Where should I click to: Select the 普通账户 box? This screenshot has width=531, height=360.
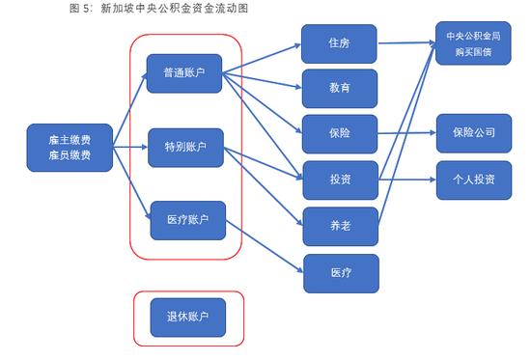pyautogui.click(x=184, y=72)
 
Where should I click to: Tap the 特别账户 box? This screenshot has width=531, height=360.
pyautogui.click(x=184, y=148)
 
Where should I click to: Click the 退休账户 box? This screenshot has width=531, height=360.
pyautogui.click(x=188, y=317)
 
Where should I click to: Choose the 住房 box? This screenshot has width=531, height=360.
pyautogui.click(x=339, y=43)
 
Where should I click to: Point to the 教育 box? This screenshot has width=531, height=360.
pyautogui.click(x=339, y=88)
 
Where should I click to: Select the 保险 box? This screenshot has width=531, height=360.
pyautogui.click(x=339, y=133)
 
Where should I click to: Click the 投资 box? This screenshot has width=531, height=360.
pyautogui.click(x=339, y=180)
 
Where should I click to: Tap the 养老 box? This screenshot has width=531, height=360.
pyautogui.click(x=339, y=225)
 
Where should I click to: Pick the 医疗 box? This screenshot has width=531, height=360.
pyautogui.click(x=339, y=273)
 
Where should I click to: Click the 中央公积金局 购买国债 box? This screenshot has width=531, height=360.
pyautogui.click(x=473, y=43)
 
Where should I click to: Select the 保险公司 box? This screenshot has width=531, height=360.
pyautogui.click(x=473, y=133)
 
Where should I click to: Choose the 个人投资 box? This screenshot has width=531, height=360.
pyautogui.click(x=473, y=180)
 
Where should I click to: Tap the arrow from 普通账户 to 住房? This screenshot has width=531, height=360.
pyautogui.click(x=261, y=57)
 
